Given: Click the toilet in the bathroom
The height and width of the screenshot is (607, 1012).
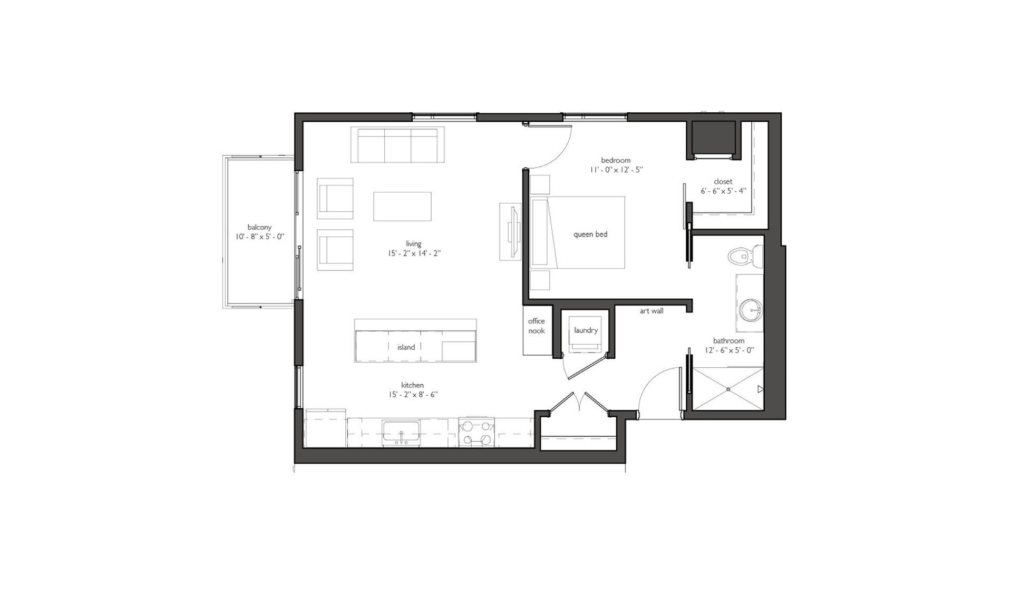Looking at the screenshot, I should pos(745,257).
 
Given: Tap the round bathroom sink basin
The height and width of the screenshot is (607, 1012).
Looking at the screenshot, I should pos(750,310).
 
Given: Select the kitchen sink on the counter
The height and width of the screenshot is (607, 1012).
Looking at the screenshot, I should pos(401,432).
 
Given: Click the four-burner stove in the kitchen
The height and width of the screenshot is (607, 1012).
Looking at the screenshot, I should pos(476,432).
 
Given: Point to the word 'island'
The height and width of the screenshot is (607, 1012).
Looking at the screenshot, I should pos(406,347).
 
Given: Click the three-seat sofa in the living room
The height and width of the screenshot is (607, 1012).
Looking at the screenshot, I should pos(398,145).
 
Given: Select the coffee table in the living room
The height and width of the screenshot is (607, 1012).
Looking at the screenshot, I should pos(402,207).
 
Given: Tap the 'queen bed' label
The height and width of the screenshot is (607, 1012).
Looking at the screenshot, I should pos(590,234).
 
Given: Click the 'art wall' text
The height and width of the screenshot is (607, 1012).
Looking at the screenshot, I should pos(651,311).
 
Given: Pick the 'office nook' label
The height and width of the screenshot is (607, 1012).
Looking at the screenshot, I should pos(537,326).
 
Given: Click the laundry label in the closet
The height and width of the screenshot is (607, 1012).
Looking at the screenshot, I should pos(586,330).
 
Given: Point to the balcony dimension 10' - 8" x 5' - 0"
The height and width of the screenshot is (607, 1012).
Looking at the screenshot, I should pos(260,237).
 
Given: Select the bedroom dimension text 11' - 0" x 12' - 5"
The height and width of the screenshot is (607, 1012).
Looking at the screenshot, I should pos(616,170).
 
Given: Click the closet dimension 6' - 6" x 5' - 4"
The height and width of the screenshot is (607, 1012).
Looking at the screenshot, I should pos(723,191).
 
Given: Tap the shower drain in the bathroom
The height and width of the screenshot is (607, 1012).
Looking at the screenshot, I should pos(728,389).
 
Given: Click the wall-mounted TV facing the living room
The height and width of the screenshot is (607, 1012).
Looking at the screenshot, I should pos(512,232).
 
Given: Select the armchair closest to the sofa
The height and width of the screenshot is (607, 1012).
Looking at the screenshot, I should pos(335,199).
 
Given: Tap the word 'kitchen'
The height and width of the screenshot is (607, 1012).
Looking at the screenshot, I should pos(412,385).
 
